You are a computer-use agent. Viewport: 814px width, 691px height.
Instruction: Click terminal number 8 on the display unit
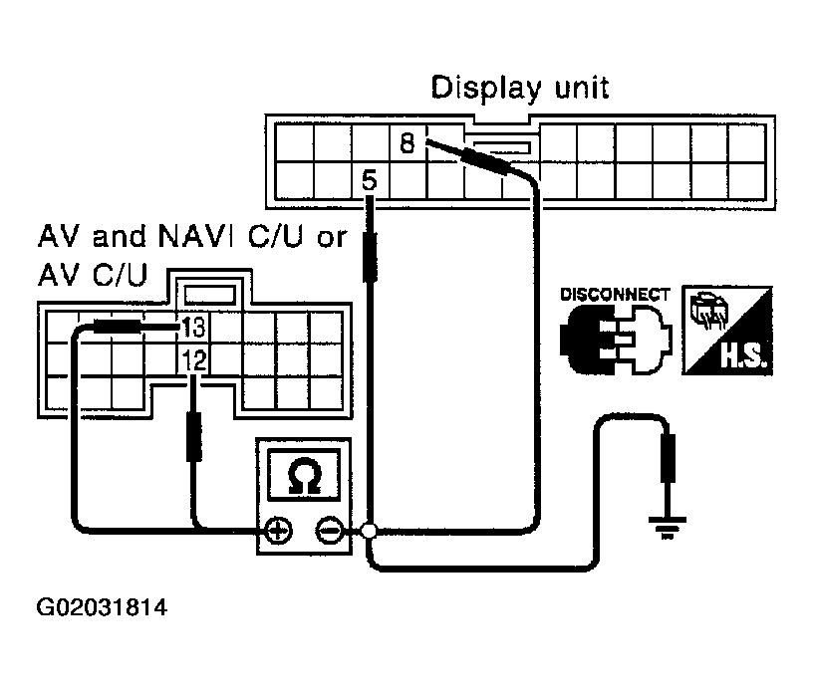(407, 142)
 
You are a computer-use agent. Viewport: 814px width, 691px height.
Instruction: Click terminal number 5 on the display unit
(369, 180)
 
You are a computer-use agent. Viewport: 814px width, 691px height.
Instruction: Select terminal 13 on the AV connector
(193, 328)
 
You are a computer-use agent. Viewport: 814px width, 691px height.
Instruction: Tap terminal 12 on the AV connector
(193, 359)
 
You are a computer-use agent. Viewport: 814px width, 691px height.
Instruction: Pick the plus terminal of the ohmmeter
(279, 532)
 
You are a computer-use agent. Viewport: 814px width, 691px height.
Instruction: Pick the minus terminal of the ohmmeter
(329, 532)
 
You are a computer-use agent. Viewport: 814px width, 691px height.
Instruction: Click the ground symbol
(668, 528)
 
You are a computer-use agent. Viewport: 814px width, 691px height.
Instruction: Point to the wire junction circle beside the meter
(369, 531)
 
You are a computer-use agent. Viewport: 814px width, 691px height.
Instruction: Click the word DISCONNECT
(615, 295)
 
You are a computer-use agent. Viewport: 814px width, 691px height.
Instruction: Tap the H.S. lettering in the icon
(743, 355)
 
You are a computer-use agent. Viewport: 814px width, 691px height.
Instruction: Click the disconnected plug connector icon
(616, 340)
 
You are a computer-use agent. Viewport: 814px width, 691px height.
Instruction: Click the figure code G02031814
(102, 607)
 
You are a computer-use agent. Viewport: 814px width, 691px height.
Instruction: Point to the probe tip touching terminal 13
(178, 327)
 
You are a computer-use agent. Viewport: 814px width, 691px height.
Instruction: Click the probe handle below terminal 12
(194, 436)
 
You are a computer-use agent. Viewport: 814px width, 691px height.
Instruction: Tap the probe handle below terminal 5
(370, 256)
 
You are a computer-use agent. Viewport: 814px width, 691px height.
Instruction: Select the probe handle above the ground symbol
(668, 459)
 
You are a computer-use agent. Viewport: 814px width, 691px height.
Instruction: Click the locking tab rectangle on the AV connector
(210, 294)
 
